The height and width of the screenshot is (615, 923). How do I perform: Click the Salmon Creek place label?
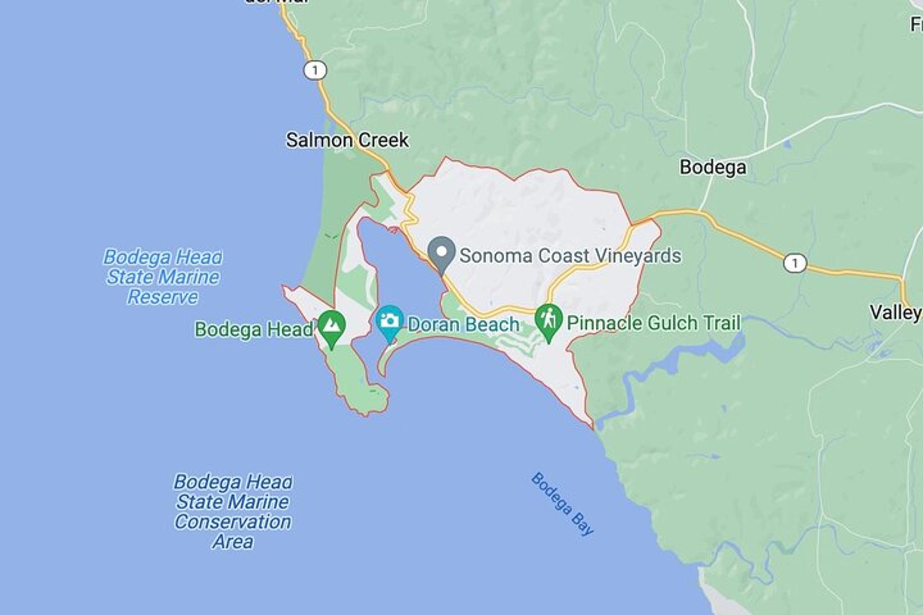pos(347,140)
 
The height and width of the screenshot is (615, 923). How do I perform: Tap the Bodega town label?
pos(713,167)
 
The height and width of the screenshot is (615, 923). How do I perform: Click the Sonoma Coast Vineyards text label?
pos(570,255)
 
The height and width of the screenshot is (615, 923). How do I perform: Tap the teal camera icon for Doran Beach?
pos(389,322)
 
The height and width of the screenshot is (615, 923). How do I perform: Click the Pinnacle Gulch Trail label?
pos(653,323)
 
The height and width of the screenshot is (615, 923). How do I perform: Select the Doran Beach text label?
pos(463,324)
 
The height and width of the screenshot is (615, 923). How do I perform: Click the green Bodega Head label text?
pos(253,329)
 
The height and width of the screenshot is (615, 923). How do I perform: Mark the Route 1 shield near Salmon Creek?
pos(315,70)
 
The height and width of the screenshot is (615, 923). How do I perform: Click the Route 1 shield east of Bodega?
pos(795,263)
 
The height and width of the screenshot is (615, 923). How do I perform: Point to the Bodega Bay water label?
pos(562,504)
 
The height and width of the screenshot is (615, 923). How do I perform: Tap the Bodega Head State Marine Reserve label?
pos(163,277)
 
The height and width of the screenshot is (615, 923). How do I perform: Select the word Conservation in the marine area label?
pos(233,522)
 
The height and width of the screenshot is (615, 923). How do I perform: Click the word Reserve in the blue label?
pos(163,297)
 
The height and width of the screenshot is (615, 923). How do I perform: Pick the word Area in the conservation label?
pos(233,542)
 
